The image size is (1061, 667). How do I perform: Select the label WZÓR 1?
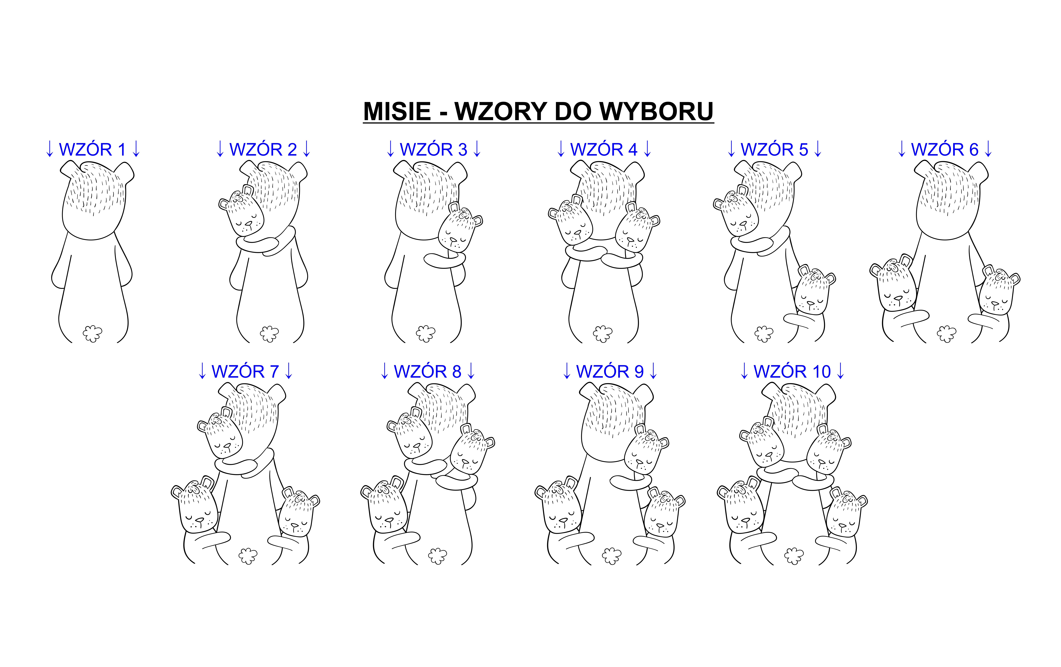93,150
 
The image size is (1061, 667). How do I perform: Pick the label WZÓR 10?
792,371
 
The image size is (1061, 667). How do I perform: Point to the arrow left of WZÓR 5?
731,149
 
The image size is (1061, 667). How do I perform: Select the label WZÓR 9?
610,371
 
